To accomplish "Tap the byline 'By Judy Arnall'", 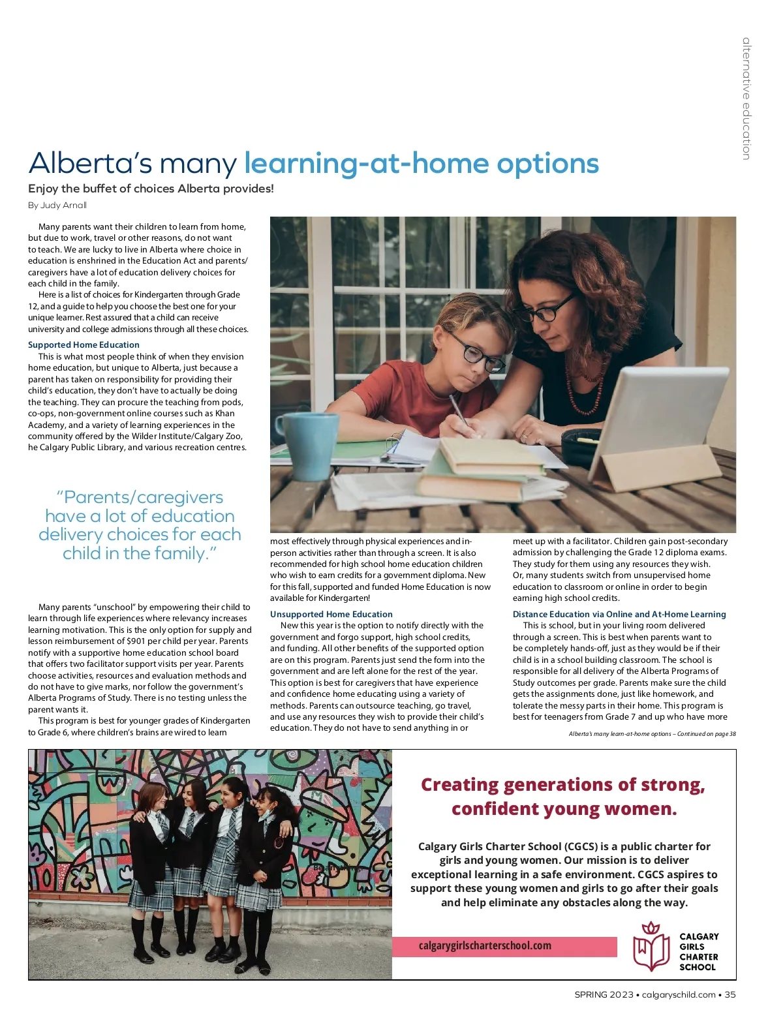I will click(x=57, y=205).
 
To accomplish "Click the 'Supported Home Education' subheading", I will click(x=84, y=344).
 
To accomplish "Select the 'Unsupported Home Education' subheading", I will click(x=331, y=614).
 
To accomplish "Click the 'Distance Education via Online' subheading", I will click(x=619, y=614).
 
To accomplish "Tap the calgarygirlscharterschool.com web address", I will click(x=485, y=945).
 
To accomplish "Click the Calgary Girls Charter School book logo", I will click(x=651, y=947).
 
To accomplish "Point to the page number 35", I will click(x=730, y=994).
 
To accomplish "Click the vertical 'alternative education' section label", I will click(x=746, y=99).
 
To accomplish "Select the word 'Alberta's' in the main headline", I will click(x=91, y=164).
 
